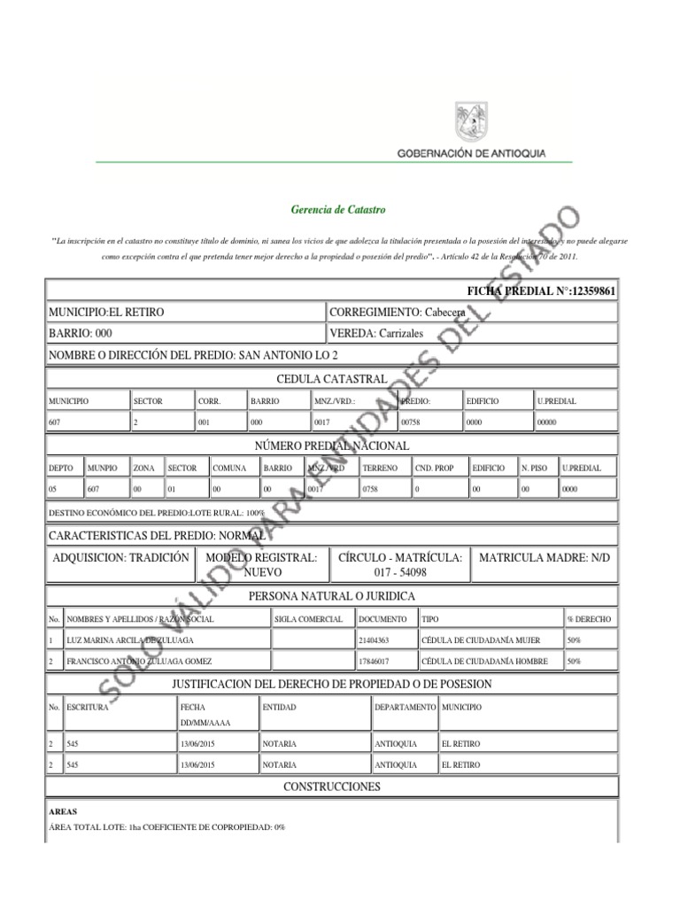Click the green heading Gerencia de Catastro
(338, 210)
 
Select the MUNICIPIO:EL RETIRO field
(106, 313)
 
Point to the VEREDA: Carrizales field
(376, 334)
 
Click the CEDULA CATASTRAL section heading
(332, 379)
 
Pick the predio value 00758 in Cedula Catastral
(413, 422)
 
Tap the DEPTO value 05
(54, 489)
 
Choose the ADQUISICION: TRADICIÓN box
(122, 557)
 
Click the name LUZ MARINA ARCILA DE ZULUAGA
(129, 640)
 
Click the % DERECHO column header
(588, 618)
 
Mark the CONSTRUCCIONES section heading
(332, 787)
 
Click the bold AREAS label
(63, 810)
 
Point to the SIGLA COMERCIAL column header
(308, 618)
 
